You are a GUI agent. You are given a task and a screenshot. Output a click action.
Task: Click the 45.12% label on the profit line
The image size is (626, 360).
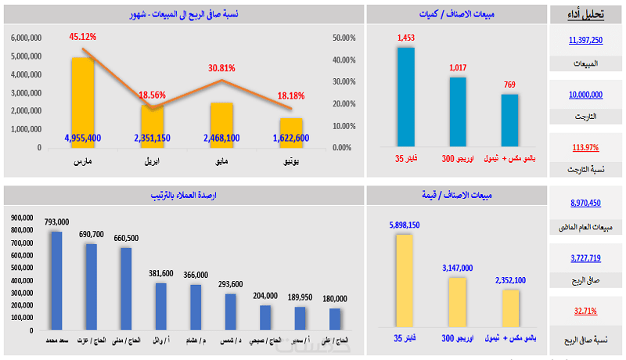(82, 36)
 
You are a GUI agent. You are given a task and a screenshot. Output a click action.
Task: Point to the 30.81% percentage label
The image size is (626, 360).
(221, 68)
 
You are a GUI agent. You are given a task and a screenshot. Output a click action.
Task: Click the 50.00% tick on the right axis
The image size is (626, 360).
(344, 38)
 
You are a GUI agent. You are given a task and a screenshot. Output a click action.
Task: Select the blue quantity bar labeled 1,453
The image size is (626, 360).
(405, 96)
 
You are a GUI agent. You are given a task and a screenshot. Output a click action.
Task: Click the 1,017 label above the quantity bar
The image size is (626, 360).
(458, 67)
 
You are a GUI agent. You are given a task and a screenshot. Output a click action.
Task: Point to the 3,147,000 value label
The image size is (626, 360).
(458, 268)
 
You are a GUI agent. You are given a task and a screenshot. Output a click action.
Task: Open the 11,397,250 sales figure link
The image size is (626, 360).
(586, 40)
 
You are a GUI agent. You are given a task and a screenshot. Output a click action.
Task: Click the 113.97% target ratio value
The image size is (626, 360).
(586, 147)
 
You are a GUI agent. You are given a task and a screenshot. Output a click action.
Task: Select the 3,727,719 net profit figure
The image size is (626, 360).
(586, 257)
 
